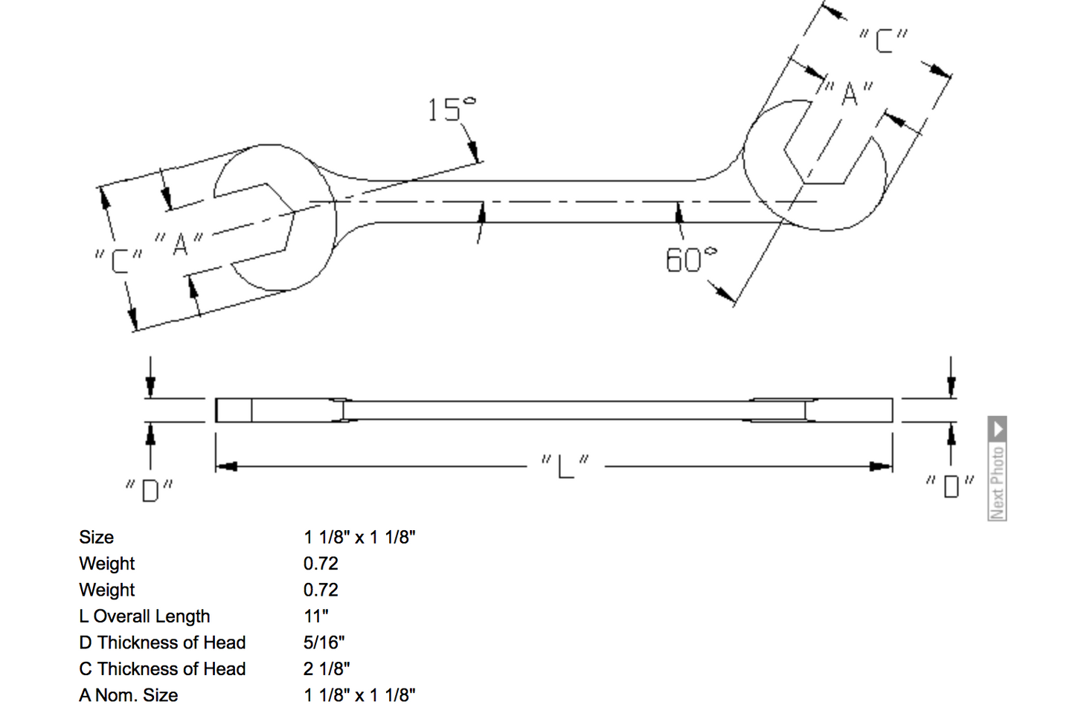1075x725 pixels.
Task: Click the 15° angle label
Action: pos(451,110)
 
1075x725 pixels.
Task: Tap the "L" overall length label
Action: pos(565,466)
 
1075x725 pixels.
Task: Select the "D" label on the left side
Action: pos(150,491)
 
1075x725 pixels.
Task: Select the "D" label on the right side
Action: pos(951,486)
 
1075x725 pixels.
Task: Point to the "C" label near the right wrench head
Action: pos(883,40)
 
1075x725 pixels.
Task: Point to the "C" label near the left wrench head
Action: pos(118,260)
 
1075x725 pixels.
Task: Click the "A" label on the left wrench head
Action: pos(179,243)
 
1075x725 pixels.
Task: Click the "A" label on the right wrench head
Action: pos(848,94)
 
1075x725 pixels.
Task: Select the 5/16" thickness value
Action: pos(324,642)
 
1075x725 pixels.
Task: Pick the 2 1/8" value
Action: pos(326,669)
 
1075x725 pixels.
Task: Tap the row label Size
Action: pos(97,538)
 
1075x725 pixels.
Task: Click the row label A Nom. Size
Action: pos(129,695)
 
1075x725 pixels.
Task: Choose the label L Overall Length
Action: pos(144,616)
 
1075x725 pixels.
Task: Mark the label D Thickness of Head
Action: pos(162,642)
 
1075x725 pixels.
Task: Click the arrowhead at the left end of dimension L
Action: pos(225,466)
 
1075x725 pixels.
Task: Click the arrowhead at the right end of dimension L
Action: pos(882,466)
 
